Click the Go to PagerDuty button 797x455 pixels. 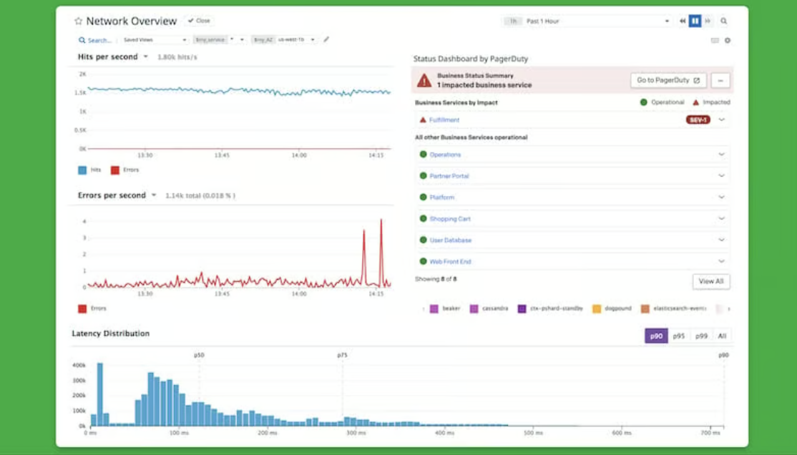point(668,80)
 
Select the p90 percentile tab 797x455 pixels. point(656,336)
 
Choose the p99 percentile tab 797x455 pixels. point(701,336)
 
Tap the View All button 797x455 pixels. point(710,281)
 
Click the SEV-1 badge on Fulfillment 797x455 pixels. point(698,120)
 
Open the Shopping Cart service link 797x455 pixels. point(450,219)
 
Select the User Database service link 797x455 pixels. point(450,240)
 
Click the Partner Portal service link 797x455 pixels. point(449,176)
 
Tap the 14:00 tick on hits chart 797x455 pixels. point(299,155)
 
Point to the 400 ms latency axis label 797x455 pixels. point(444,433)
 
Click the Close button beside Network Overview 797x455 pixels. point(199,21)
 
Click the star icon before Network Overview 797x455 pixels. point(79,21)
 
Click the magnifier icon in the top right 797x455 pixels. point(724,21)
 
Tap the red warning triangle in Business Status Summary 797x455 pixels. point(424,80)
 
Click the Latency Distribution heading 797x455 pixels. point(111,333)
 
